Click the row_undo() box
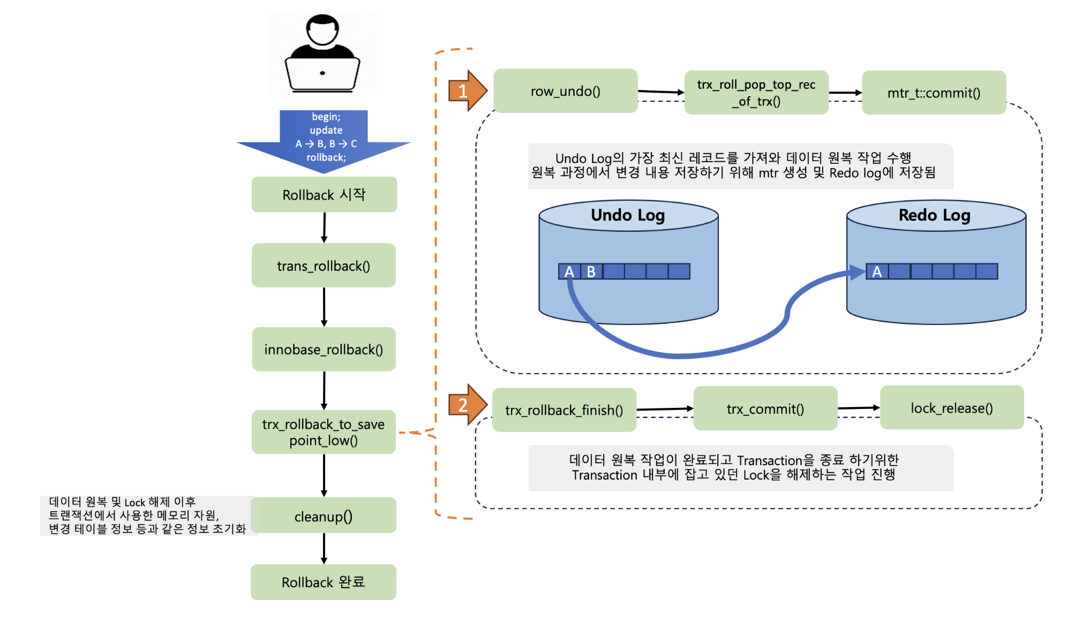[565, 91]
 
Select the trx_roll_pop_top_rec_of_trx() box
[756, 93]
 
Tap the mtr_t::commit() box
[933, 93]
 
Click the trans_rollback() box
[324, 266]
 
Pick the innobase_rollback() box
[324, 349]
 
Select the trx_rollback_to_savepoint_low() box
[324, 432]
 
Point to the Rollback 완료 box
[324, 582]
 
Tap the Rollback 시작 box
[324, 194]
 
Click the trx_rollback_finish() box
[564, 410]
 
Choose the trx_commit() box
[765, 408]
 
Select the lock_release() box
[951, 408]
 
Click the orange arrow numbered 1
[467, 91]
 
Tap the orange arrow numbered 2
[467, 405]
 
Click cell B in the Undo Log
[591, 271]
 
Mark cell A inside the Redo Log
[877, 271]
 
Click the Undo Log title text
[628, 215]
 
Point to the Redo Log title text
[935, 215]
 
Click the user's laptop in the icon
[322, 73]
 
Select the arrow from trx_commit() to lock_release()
[858, 408]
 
